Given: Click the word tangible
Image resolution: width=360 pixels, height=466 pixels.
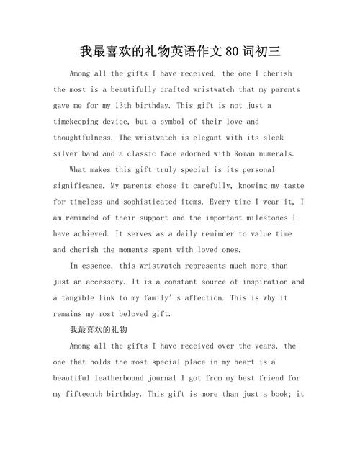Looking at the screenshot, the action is coord(82,297).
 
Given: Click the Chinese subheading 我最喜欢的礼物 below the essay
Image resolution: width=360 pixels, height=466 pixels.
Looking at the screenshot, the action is coord(98,330).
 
